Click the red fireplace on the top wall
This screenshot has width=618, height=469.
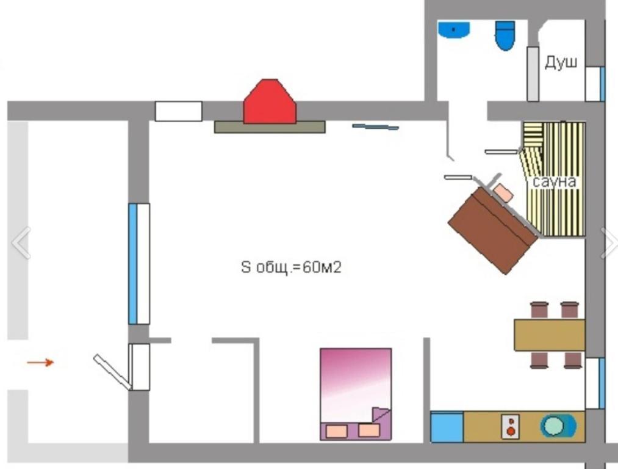(x=270, y=102)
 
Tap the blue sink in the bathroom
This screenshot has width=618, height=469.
(x=454, y=29)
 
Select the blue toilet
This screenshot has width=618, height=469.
(x=505, y=35)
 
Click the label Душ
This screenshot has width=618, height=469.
(x=561, y=62)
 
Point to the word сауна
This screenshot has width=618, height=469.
(x=554, y=181)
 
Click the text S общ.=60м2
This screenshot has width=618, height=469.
(x=291, y=267)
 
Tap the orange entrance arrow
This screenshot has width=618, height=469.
(x=40, y=362)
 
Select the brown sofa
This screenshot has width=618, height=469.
(x=493, y=230)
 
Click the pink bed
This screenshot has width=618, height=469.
(x=356, y=394)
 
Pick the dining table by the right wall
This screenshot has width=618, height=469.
(x=550, y=335)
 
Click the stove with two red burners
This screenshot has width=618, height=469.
(x=511, y=426)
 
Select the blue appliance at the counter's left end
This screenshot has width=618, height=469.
(x=447, y=427)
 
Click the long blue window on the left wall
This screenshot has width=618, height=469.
(x=133, y=263)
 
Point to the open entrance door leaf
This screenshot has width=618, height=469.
(x=113, y=372)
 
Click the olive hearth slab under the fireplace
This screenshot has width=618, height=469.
(x=270, y=127)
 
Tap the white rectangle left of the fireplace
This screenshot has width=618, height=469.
(x=179, y=111)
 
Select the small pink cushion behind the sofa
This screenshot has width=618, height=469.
(x=503, y=193)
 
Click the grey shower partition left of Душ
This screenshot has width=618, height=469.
(x=533, y=74)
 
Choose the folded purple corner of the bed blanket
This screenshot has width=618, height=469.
(x=380, y=415)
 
